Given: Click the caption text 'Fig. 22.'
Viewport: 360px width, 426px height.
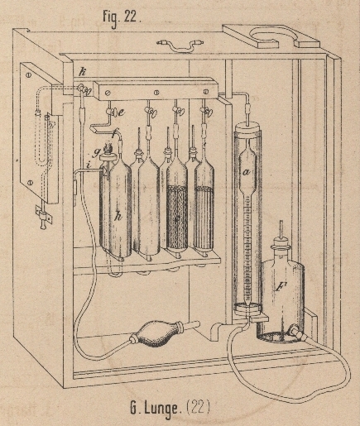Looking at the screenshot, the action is pyautogui.click(x=122, y=18).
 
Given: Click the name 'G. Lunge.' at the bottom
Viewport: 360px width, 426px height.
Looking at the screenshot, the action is pyautogui.click(x=156, y=409).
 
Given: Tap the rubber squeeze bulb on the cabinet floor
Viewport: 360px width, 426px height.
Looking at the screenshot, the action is pyautogui.click(x=156, y=334).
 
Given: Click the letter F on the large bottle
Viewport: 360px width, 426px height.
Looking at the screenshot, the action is pyautogui.click(x=280, y=288).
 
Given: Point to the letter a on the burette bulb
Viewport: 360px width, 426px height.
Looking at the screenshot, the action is pyautogui.click(x=247, y=172).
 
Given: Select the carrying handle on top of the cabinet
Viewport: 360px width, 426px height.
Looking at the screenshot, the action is pyautogui.click(x=180, y=45).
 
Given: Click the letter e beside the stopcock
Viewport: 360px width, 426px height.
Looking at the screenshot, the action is pyautogui.click(x=121, y=112).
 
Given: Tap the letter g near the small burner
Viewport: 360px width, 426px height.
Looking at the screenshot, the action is pyautogui.click(x=97, y=152).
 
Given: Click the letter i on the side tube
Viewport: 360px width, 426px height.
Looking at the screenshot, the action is pyautogui.click(x=89, y=165).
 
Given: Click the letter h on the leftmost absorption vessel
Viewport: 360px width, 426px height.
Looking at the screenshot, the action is pyautogui.click(x=118, y=216).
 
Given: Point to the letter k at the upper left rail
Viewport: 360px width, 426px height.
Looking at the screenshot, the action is pyautogui.click(x=83, y=72).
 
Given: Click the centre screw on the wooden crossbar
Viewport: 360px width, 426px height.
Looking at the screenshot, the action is pyautogui.click(x=156, y=92).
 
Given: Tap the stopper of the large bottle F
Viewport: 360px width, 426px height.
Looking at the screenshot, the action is pyautogui.click(x=281, y=242).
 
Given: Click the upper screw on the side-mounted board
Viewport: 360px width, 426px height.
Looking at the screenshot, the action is pyautogui.click(x=28, y=74).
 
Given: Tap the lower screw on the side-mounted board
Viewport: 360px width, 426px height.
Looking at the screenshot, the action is pyautogui.click(x=31, y=182).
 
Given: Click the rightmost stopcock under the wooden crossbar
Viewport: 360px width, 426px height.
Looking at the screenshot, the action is pyautogui.click(x=206, y=112).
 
